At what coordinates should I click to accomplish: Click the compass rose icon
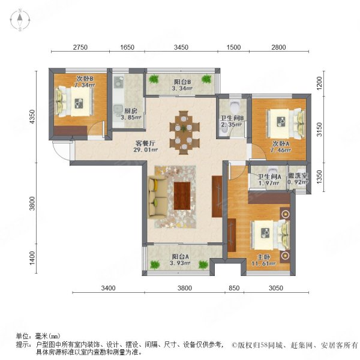click(20, 20)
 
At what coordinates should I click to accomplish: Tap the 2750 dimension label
click(80, 47)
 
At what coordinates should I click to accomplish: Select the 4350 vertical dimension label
click(32, 117)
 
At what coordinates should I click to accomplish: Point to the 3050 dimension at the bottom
click(276, 288)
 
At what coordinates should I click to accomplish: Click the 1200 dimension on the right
click(319, 83)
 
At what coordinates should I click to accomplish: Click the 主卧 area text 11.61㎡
click(263, 263)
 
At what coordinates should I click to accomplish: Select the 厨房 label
click(131, 111)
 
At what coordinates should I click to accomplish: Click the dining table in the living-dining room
click(184, 133)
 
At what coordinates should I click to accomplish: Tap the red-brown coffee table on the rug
click(182, 196)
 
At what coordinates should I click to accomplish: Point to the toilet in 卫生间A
click(272, 171)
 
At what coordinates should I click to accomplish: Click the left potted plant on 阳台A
click(155, 265)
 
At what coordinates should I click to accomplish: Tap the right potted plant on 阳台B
click(206, 79)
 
